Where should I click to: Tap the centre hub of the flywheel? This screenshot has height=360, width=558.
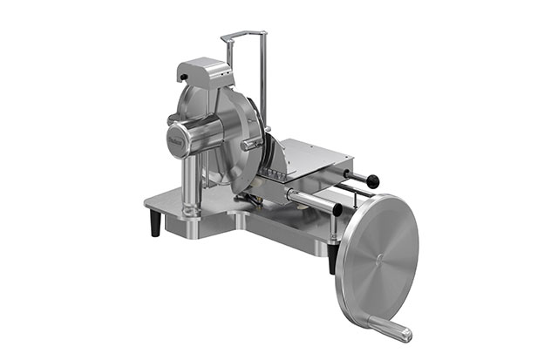click(x=380, y=258)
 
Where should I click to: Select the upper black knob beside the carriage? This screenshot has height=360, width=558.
click(x=373, y=181)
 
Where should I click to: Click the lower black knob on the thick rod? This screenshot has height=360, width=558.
click(x=337, y=209)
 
